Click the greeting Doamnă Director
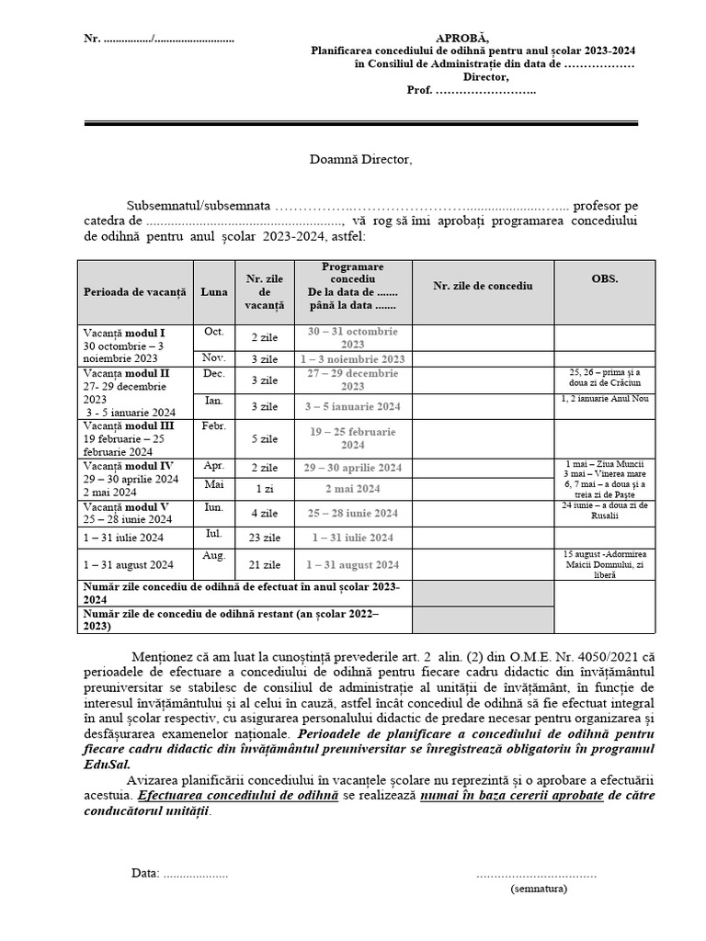click(360, 160)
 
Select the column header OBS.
click(604, 278)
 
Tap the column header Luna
click(214, 290)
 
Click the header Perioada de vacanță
click(134, 290)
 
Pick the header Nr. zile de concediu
click(483, 286)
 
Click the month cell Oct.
click(214, 332)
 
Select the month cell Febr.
click(214, 427)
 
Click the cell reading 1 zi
click(263, 488)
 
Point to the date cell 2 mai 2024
click(352, 489)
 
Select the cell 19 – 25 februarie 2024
click(352, 437)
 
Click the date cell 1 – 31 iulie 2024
click(352, 538)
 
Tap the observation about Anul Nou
click(604, 400)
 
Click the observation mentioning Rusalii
click(604, 511)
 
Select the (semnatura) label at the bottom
click(539, 889)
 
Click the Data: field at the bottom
click(145, 873)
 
